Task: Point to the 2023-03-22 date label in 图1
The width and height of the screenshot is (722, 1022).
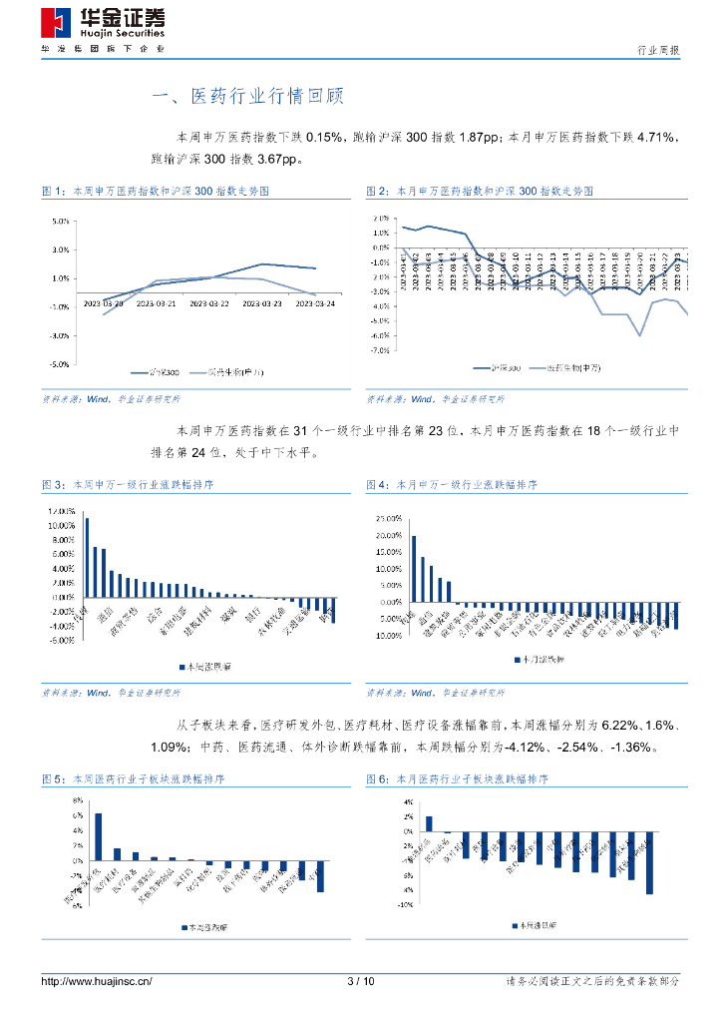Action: click(x=210, y=303)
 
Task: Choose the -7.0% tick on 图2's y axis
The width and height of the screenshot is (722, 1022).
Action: click(x=379, y=350)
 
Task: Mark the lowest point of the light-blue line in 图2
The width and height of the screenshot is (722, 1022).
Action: click(x=639, y=336)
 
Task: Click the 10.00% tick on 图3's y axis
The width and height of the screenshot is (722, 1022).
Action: click(x=62, y=526)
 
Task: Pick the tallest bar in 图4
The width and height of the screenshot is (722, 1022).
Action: click(x=414, y=569)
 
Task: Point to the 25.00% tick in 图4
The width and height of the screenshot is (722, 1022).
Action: click(x=387, y=519)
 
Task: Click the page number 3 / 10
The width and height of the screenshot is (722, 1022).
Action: click(x=361, y=982)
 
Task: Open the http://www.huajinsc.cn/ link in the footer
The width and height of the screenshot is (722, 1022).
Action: click(x=97, y=982)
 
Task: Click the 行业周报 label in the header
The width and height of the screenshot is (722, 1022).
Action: click(x=658, y=50)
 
